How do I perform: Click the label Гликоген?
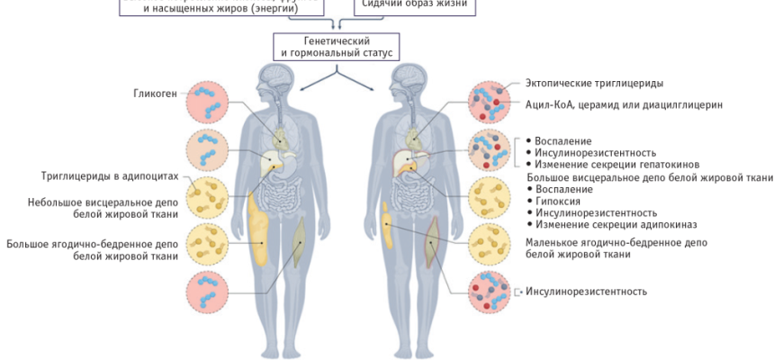(x=155, y=92)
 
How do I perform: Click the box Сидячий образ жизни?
(x=413, y=5)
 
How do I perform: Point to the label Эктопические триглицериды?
(x=594, y=84)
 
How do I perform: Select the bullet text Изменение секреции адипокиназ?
(x=616, y=224)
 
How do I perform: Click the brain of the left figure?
(x=274, y=80)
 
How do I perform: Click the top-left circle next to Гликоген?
(x=208, y=102)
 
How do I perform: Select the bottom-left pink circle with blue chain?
(x=208, y=292)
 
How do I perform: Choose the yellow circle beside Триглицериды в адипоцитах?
(x=208, y=196)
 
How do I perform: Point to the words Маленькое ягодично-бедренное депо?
(x=615, y=243)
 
